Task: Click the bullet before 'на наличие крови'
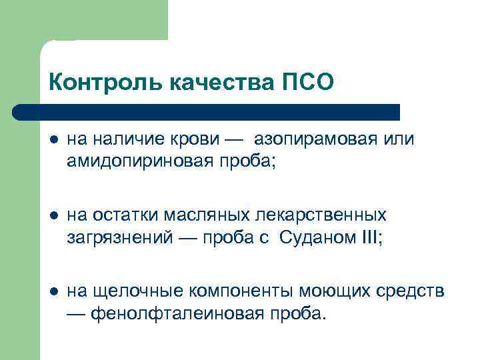pyautogui.click(x=54, y=140)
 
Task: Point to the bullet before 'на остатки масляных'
pyautogui.click(x=54, y=215)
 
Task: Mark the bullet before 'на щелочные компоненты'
pyautogui.click(x=54, y=291)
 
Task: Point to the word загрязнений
pyautogui.click(x=113, y=237)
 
